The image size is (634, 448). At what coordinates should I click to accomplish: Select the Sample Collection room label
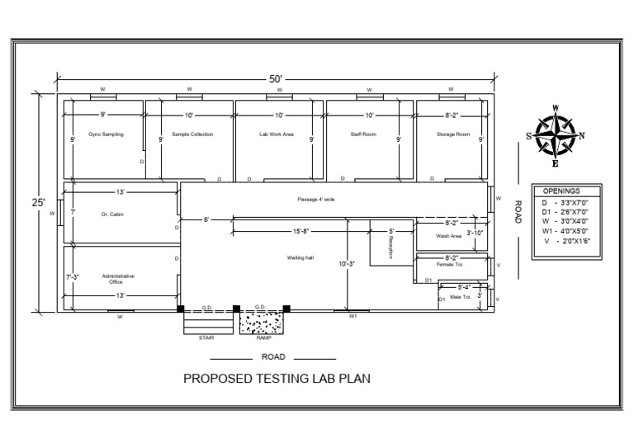click(x=192, y=134)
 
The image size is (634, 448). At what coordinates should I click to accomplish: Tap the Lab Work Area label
click(x=277, y=134)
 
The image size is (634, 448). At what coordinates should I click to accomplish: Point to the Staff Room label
click(x=362, y=134)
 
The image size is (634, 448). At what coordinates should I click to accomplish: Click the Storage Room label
click(x=453, y=134)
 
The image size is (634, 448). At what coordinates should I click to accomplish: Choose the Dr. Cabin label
click(x=112, y=215)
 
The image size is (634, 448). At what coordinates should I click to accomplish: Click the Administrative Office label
click(x=118, y=279)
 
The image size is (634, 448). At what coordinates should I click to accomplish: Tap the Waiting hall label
click(x=300, y=258)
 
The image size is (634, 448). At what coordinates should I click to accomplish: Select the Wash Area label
click(x=449, y=236)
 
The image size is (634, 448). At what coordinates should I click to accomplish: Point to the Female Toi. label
click(x=451, y=266)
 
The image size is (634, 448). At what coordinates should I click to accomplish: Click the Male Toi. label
click(x=460, y=296)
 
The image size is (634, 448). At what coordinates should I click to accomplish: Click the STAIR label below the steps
click(x=206, y=337)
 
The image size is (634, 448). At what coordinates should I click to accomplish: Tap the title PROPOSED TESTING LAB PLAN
click(x=277, y=380)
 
